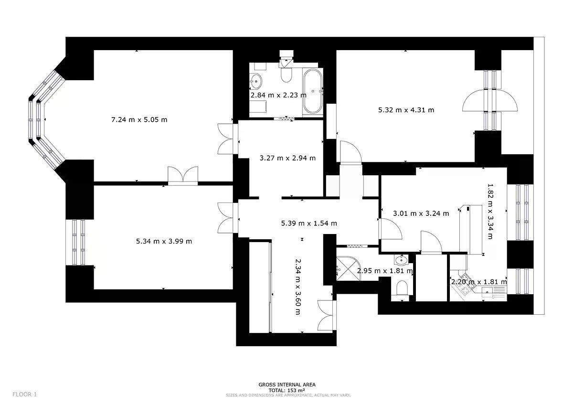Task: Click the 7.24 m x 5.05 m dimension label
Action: [139, 120]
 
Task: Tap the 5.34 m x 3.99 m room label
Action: [164, 241]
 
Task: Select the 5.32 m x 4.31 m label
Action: [406, 110]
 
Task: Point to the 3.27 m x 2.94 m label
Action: [287, 158]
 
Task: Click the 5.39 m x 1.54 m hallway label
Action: [309, 224]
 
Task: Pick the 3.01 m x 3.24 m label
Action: [421, 213]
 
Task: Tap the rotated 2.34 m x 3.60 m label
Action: [298, 287]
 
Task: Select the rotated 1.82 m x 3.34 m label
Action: [490, 211]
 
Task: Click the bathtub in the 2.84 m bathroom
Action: [313, 91]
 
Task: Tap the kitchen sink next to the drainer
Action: [488, 291]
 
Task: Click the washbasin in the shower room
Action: [401, 260]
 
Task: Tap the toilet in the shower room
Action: [402, 288]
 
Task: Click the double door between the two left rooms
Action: [182, 176]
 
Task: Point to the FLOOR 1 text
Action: [24, 394]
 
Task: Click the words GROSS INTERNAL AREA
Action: [287, 384]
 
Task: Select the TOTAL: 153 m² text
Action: [286, 390]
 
